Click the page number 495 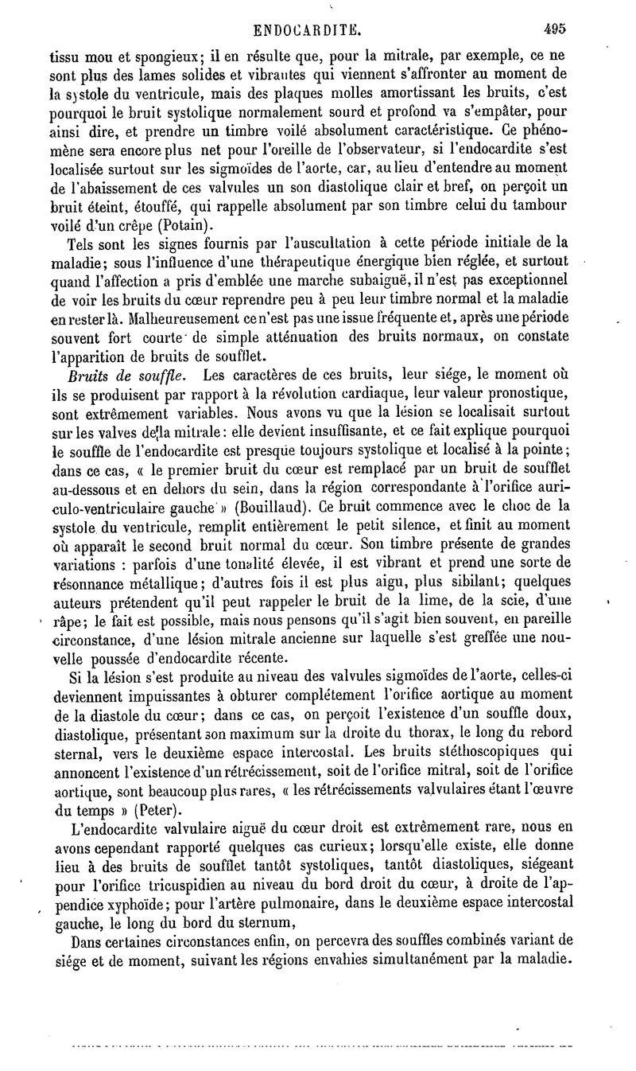[554, 29]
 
